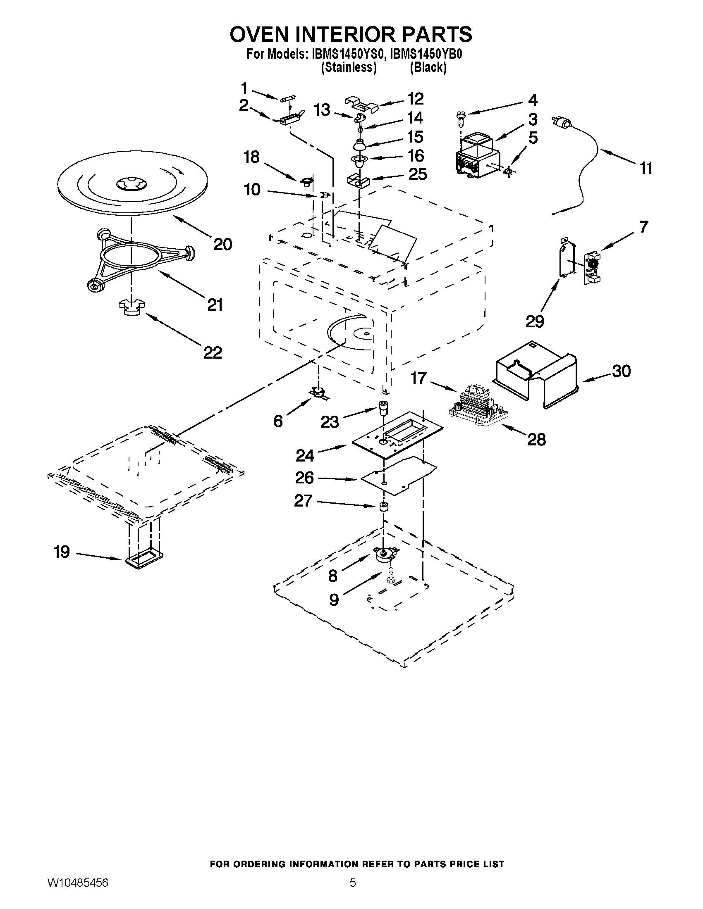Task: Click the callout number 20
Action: [222, 244]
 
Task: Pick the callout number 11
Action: [646, 168]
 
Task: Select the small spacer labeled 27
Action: [383, 507]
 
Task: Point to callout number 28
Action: [536, 440]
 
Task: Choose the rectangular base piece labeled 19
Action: [143, 560]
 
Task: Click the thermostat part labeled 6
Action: [318, 393]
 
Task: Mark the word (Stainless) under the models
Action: [349, 67]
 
